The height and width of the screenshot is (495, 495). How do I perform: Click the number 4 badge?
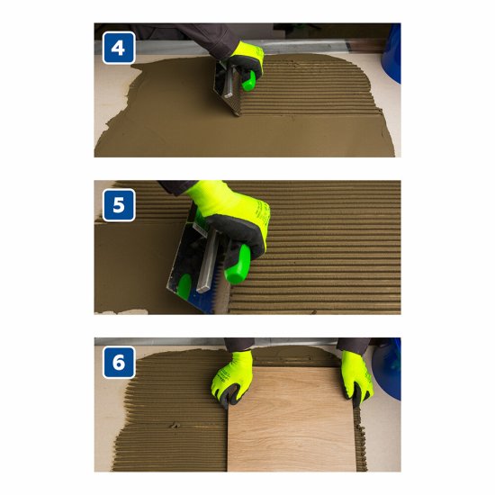[119, 48]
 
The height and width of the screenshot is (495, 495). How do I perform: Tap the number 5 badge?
[119, 205]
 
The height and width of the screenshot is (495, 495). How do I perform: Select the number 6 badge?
[119, 362]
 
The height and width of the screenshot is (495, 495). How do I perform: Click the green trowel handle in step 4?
[248, 81]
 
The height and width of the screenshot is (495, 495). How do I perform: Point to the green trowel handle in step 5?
[238, 265]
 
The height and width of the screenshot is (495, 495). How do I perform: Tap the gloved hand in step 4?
[246, 62]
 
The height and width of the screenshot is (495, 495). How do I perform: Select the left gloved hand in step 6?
[232, 379]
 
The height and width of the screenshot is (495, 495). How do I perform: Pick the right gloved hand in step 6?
[356, 377]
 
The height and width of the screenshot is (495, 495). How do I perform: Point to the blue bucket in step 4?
[391, 54]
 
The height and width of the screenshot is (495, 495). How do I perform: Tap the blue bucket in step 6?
[387, 369]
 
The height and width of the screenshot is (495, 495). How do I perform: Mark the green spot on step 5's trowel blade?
[184, 284]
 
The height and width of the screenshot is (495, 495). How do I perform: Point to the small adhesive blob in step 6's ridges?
[174, 425]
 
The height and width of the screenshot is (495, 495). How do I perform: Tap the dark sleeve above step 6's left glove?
[238, 345]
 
